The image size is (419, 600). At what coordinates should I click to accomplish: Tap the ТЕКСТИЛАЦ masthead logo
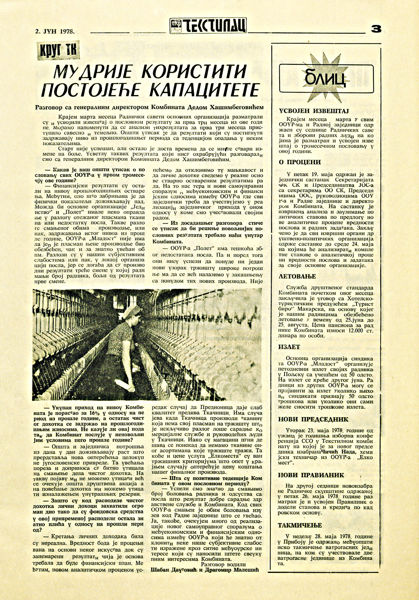[x=208, y=26]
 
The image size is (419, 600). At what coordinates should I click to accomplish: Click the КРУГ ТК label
[x=55, y=51]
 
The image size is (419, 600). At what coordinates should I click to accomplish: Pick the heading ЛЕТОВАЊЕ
[x=297, y=276]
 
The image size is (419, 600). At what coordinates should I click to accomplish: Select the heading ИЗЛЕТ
[x=289, y=347]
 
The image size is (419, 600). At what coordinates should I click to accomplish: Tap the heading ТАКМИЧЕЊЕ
[x=300, y=525]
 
